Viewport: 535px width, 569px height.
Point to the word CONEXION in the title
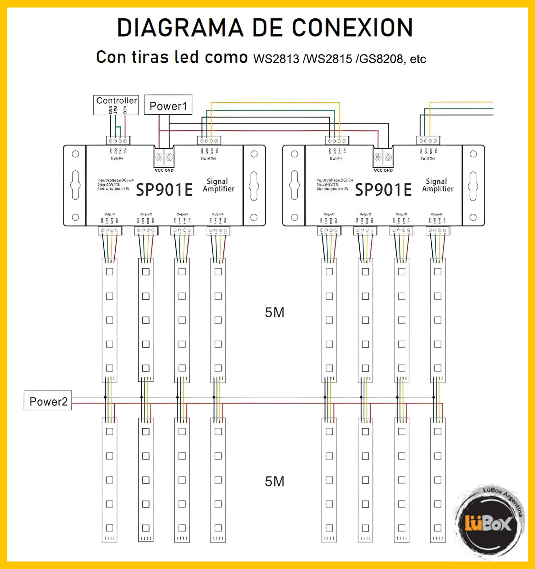[x=353, y=28]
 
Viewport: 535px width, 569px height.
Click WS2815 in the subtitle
[x=329, y=59]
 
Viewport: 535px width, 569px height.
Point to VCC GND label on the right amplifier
[x=383, y=170]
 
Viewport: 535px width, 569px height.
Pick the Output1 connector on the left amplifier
[x=110, y=230]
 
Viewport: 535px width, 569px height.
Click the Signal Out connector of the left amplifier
[x=209, y=140]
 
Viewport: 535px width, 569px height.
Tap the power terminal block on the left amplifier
[x=164, y=157]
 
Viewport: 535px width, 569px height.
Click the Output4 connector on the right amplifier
[x=437, y=230]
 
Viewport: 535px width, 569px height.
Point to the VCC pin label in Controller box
[x=125, y=110]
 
